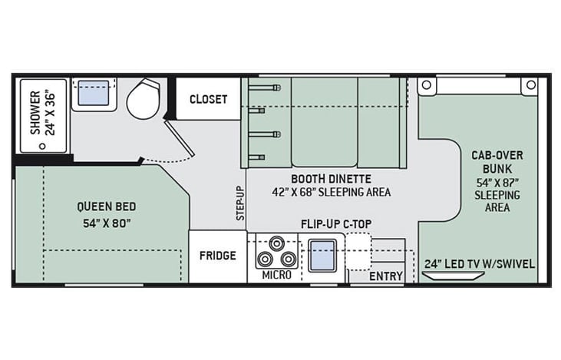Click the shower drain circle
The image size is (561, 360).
[x=42, y=146]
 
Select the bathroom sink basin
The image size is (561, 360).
[x=94, y=93]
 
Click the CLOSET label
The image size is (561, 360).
[x=208, y=99]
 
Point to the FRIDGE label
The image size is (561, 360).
[x=218, y=256]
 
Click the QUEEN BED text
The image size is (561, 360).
[x=107, y=206]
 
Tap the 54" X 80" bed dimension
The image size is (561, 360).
[x=107, y=223]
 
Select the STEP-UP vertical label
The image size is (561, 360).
[x=240, y=203]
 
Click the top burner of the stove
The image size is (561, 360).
[x=276, y=243]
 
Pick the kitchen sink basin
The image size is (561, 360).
[x=322, y=256]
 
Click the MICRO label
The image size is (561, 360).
[x=276, y=275]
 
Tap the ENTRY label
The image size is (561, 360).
[x=386, y=276]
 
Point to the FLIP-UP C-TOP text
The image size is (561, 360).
[x=336, y=224]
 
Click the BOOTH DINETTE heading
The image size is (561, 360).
[x=331, y=178]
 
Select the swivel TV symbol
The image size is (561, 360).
[x=454, y=276]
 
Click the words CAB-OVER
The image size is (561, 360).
[x=497, y=155]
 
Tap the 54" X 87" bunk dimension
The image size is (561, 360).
[x=497, y=183]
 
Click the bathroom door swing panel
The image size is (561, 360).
[x=180, y=138]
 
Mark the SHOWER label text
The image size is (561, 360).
[x=35, y=113]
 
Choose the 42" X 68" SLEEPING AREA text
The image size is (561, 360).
[x=331, y=192]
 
